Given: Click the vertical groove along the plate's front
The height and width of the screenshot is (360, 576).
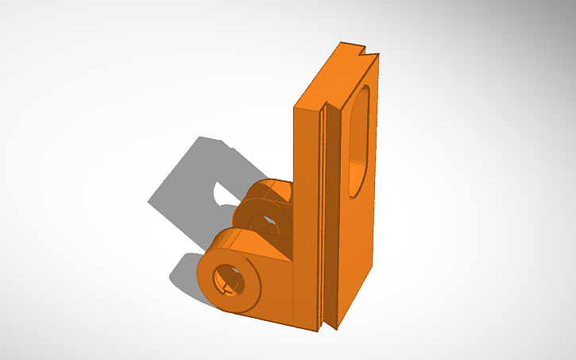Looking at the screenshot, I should [323, 215].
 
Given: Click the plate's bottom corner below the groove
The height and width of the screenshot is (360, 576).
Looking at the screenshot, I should [328, 326].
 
